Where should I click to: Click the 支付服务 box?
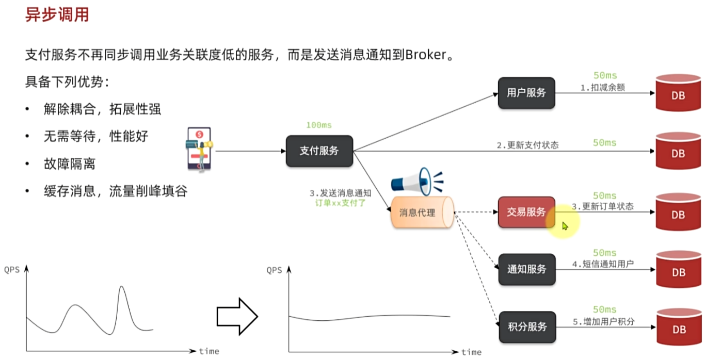point(319,151)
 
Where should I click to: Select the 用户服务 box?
point(526,93)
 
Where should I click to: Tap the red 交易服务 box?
point(526,212)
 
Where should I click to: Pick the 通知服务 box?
point(526,269)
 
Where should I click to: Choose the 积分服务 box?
point(527,327)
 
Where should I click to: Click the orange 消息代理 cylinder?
point(421,212)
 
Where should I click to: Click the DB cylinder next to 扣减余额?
point(678,93)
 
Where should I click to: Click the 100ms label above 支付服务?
point(318,125)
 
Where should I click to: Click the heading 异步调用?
point(57,14)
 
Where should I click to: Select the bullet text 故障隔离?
point(69,164)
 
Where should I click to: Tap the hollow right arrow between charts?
point(237,316)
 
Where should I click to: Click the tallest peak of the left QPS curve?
point(122,287)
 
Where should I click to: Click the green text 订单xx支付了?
point(341,203)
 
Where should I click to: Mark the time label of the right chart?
point(471,352)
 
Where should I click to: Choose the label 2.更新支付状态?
point(527,145)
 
